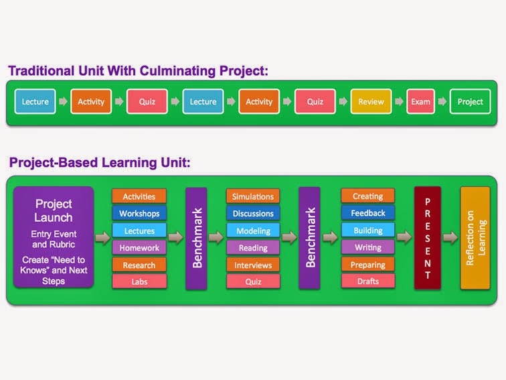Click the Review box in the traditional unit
click(x=371, y=102)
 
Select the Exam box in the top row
click(x=420, y=102)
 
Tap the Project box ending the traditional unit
click(x=470, y=102)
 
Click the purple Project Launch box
click(x=54, y=237)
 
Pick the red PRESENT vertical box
click(x=427, y=237)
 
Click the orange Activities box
click(x=139, y=196)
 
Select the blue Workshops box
click(x=139, y=213)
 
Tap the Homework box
click(x=139, y=247)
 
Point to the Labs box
click(x=139, y=281)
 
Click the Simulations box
click(x=253, y=196)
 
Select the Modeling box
click(x=253, y=231)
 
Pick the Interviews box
click(x=253, y=265)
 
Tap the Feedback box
click(x=367, y=213)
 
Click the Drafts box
click(x=367, y=281)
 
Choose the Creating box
click(x=367, y=196)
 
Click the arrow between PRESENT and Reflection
click(x=450, y=237)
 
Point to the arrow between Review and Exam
click(x=400, y=102)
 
